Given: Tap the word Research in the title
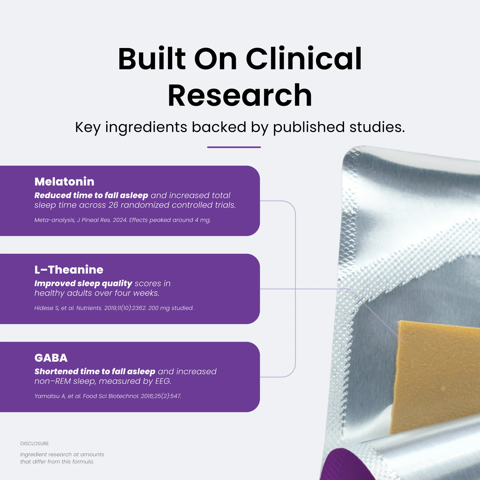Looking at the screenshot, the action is [240, 95].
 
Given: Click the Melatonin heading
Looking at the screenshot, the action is [64, 181].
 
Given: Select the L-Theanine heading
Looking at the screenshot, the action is [69, 270].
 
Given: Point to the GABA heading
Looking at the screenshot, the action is [51, 358].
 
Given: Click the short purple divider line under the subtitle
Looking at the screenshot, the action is [234, 147].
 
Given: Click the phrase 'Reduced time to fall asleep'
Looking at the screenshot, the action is [91, 195].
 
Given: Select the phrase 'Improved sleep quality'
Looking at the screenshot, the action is [83, 283].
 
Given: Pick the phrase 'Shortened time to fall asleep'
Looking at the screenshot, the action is [95, 371].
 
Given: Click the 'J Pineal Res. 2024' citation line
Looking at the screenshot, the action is [122, 220].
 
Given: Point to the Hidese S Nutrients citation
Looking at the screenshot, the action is [114, 308].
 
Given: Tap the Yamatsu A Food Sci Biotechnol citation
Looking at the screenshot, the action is [108, 396].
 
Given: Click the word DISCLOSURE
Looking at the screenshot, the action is [34, 443].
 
